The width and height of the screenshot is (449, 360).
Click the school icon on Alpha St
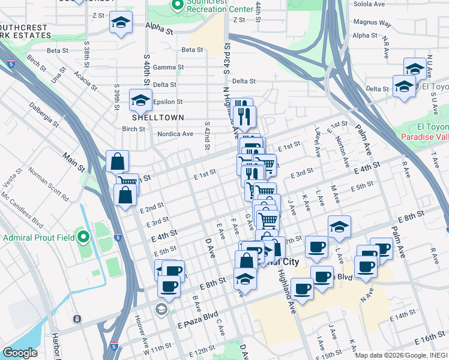pos(121,24)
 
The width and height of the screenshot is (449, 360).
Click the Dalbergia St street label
pos(44,115)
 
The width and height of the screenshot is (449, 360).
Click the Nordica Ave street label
pos(175,134)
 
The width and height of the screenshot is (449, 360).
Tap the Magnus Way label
pos(372,23)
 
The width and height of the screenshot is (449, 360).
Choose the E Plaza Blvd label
pos(197,319)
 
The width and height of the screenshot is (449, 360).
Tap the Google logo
pos(20,353)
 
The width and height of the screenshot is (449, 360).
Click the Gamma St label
pos(167,67)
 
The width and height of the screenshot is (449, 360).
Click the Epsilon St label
pos(167,102)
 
